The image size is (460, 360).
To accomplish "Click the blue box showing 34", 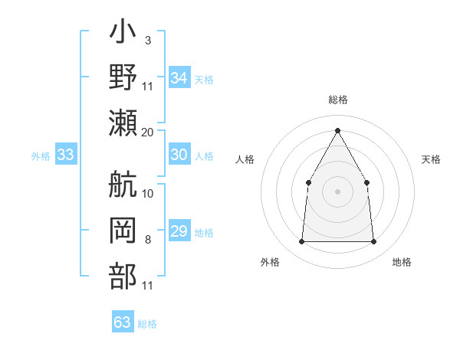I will point(179,78).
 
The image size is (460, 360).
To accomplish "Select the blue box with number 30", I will point(179,155).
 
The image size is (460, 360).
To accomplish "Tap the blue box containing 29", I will point(179,231).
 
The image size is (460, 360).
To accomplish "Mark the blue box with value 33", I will point(65,155).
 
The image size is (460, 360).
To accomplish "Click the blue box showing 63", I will point(123,322).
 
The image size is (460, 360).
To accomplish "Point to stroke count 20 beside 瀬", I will point(148,132).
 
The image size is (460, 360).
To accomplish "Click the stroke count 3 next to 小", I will point(147,40).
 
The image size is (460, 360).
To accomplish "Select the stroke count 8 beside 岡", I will point(148,241).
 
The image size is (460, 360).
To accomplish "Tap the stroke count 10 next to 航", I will point(148,193).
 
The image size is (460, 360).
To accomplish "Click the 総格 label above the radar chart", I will point(337,100).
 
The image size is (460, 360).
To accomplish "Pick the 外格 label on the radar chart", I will point(270,263).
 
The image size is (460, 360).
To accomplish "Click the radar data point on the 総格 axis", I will point(337,129).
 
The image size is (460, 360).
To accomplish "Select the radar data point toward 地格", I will point(374,242).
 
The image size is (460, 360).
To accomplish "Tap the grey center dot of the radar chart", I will point(337,191).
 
